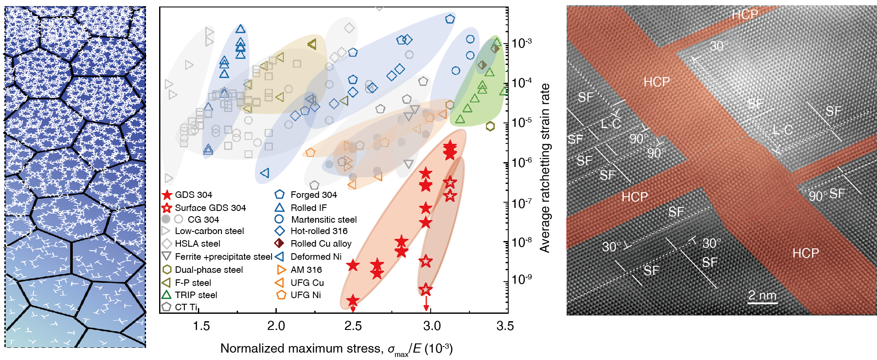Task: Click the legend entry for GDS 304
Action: click(x=193, y=195)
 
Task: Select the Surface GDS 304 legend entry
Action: click(x=210, y=208)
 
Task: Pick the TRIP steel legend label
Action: click(x=196, y=295)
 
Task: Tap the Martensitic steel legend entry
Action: click(x=323, y=220)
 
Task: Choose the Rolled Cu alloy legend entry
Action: click(x=321, y=244)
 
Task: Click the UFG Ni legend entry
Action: click(x=306, y=295)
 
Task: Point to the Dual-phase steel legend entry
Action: click(x=209, y=270)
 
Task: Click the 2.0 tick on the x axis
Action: click(x=276, y=326)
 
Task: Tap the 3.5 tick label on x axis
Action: click(x=505, y=326)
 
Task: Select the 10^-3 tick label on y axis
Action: click(x=522, y=43)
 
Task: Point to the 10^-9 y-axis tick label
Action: click(x=522, y=279)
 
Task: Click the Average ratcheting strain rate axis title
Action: click(x=545, y=168)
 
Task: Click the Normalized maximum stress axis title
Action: click(x=336, y=349)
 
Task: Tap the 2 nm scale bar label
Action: click(x=762, y=295)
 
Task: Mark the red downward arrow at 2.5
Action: click(x=353, y=309)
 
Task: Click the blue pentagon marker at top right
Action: click(x=450, y=19)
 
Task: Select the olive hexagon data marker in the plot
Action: click(x=490, y=126)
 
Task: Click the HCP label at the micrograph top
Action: click(x=744, y=15)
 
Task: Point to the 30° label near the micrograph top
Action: click(x=719, y=46)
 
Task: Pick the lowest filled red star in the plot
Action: click(x=353, y=300)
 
